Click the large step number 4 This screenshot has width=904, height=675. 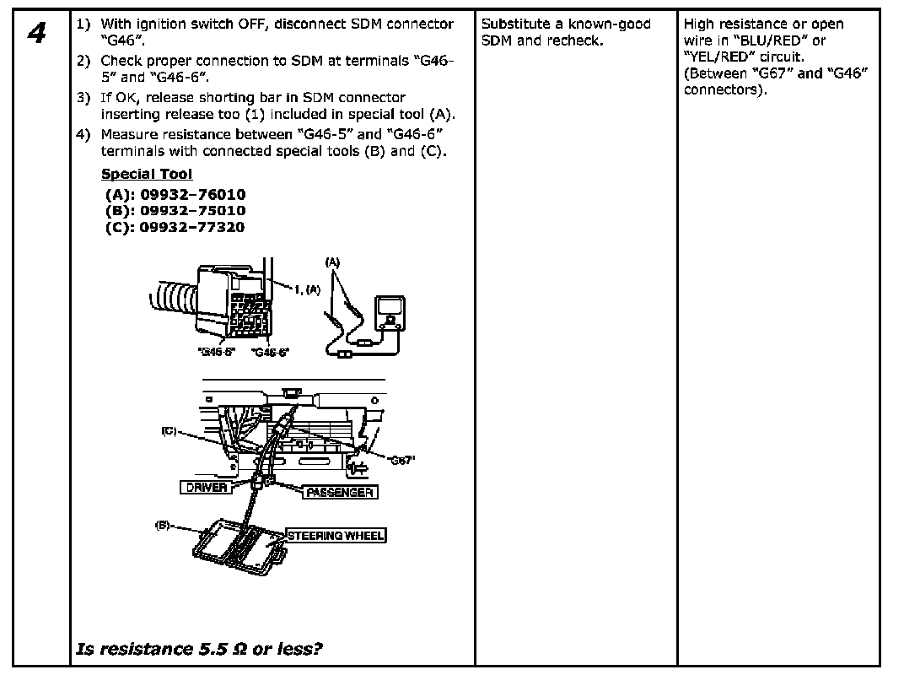pyautogui.click(x=35, y=35)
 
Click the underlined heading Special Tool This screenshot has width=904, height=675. pyautogui.click(x=146, y=174)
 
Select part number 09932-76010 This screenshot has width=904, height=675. pyautogui.click(x=192, y=194)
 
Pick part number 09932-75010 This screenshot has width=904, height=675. pyautogui.click(x=192, y=210)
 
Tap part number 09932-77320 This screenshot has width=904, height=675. pyautogui.click(x=192, y=227)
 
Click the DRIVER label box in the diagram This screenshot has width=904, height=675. pyautogui.click(x=206, y=488)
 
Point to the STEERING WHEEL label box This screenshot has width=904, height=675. pyautogui.click(x=336, y=535)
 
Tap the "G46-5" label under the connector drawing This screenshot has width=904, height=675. pyautogui.click(x=217, y=352)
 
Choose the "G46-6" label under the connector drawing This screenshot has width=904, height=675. pyautogui.click(x=270, y=352)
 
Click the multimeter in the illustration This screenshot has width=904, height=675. pyautogui.click(x=389, y=313)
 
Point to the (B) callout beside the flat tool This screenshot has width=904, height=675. pyautogui.click(x=163, y=525)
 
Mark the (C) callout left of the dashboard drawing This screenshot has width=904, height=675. pyautogui.click(x=169, y=431)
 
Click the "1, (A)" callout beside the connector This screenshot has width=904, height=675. pyautogui.click(x=308, y=289)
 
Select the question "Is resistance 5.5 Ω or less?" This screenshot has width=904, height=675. pyautogui.click(x=200, y=649)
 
